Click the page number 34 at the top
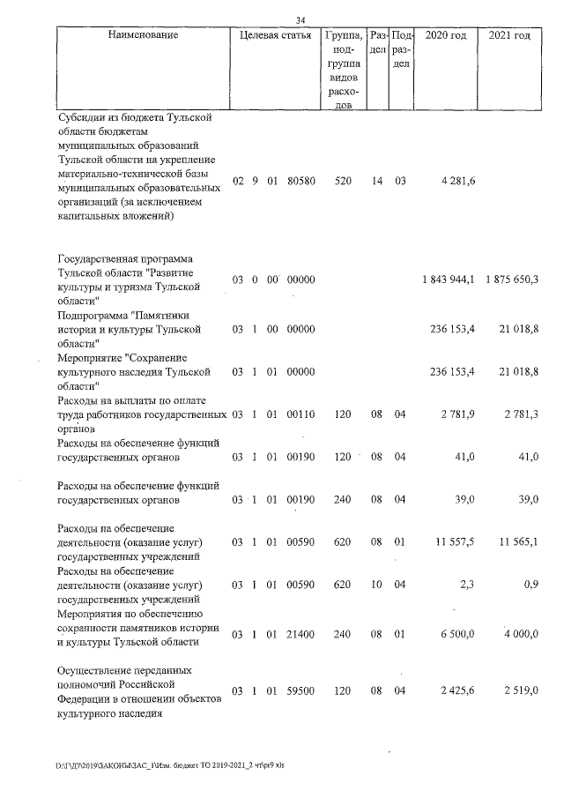point(301,20)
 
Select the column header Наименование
point(144,35)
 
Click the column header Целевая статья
point(270,35)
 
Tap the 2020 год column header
point(445,35)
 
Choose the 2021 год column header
point(508,35)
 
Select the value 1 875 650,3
point(511,280)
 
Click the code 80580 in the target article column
point(301,182)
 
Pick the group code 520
point(344,182)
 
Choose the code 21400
point(301,633)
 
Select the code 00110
point(301,414)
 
